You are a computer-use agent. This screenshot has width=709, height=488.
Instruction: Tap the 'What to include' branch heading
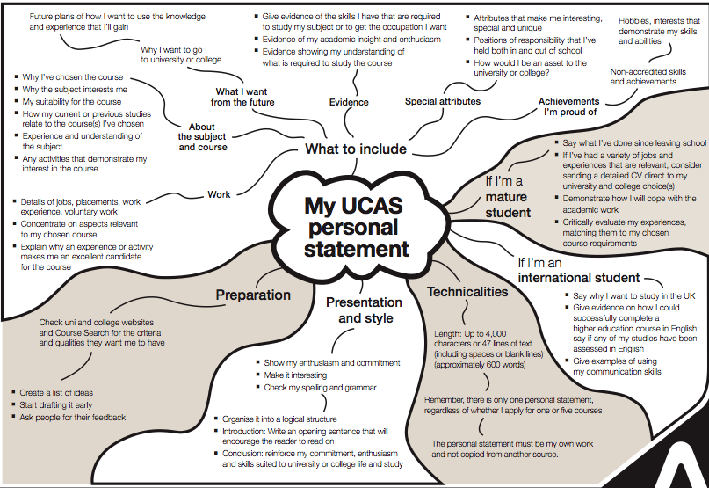[356, 149]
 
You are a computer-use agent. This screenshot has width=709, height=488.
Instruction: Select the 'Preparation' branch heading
[253, 295]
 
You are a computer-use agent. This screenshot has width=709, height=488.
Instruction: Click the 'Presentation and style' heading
[364, 310]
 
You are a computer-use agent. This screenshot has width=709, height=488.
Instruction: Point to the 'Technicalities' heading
[467, 292]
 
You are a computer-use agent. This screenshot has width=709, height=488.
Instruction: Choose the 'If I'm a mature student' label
[517, 196]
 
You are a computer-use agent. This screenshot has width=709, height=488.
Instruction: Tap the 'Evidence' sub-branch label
[349, 103]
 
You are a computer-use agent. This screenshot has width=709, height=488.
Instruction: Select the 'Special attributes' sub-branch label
[443, 102]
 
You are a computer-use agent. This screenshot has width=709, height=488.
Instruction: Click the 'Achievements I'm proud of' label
[568, 106]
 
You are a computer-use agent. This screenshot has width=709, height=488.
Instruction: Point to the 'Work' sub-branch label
[220, 194]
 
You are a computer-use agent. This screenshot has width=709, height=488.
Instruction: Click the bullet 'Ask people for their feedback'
[73, 417]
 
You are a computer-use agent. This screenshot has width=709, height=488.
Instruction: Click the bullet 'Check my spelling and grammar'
[321, 387]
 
